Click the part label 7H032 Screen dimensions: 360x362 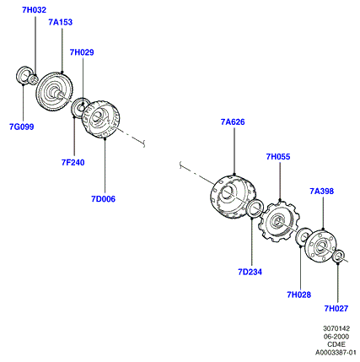34,10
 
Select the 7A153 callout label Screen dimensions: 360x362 61,22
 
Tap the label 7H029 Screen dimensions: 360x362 82,52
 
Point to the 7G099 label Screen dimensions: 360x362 22,127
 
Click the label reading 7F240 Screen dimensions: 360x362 73,163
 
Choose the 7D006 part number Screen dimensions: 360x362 103,199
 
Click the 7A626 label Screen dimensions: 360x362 233,122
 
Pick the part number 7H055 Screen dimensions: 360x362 278,157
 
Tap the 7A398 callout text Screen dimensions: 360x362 322,192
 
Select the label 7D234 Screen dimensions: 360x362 250,272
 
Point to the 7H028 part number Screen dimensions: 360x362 299,294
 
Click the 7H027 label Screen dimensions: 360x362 336,309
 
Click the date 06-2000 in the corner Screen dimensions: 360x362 336,337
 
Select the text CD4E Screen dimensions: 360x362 336,344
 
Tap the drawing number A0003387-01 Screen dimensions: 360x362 336,353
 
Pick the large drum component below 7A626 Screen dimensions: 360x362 234,197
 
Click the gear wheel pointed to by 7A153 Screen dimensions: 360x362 55,92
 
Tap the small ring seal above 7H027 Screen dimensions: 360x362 338,257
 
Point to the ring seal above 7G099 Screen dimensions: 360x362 24,75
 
